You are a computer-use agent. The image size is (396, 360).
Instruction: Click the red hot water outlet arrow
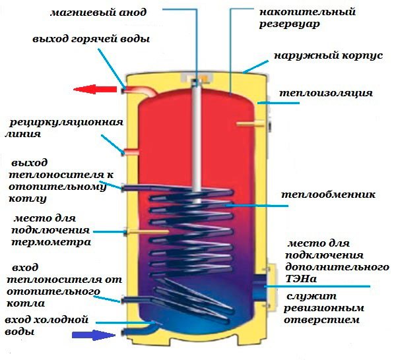(95, 89)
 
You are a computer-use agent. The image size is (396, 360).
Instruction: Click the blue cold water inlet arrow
(94, 335)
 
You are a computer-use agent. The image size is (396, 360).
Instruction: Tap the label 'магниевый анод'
(98, 12)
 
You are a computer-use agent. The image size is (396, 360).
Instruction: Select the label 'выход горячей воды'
(91, 39)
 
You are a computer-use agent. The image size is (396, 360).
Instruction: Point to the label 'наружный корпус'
(328, 55)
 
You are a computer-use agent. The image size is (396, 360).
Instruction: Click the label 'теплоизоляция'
(326, 93)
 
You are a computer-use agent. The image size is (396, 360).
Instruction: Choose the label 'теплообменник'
(328, 195)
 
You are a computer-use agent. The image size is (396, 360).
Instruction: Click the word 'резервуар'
(290, 24)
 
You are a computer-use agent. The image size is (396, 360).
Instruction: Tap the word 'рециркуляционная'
(67, 123)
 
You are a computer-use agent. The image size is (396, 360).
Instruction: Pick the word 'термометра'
(51, 242)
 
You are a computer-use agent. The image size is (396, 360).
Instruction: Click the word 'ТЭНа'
(301, 279)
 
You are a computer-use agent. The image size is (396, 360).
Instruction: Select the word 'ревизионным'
(324, 308)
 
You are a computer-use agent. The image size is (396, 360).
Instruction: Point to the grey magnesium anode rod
(196, 141)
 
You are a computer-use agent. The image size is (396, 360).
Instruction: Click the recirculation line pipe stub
(131, 152)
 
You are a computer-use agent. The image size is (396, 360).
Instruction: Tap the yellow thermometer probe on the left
(147, 231)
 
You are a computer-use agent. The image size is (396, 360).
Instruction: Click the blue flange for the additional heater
(259, 287)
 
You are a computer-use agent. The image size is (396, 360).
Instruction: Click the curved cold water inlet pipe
(142, 328)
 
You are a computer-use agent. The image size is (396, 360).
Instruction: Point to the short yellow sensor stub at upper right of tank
(250, 123)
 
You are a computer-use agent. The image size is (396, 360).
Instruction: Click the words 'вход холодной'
(47, 320)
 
